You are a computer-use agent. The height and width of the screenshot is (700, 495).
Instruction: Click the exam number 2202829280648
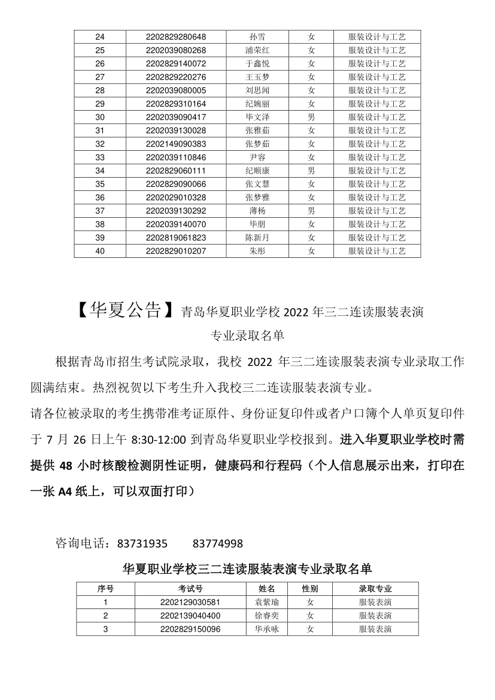coord(175,37)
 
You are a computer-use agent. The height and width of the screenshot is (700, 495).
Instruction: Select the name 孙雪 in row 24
coord(257,37)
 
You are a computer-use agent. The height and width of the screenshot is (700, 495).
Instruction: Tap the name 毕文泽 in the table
coord(257,117)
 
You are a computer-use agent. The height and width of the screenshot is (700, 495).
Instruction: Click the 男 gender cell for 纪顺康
coord(311,171)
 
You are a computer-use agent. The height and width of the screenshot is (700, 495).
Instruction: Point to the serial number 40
coord(100,251)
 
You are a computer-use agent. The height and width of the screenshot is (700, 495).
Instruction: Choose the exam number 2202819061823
coord(175,238)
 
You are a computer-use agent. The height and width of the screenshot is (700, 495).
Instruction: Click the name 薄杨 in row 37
coord(257,211)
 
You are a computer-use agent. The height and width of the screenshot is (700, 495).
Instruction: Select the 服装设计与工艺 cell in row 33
coord(376,157)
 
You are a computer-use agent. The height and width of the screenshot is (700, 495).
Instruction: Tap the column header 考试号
coord(190,589)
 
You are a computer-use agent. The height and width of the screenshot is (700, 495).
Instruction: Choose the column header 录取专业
coord(375,589)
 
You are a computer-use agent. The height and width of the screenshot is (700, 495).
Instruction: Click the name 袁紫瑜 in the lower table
coord(266,602)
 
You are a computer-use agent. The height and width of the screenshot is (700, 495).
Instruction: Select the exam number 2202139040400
coord(190,616)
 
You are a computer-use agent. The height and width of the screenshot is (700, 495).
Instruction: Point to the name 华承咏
coord(266,629)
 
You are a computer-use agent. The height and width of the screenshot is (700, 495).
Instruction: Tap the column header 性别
coord(309,589)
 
